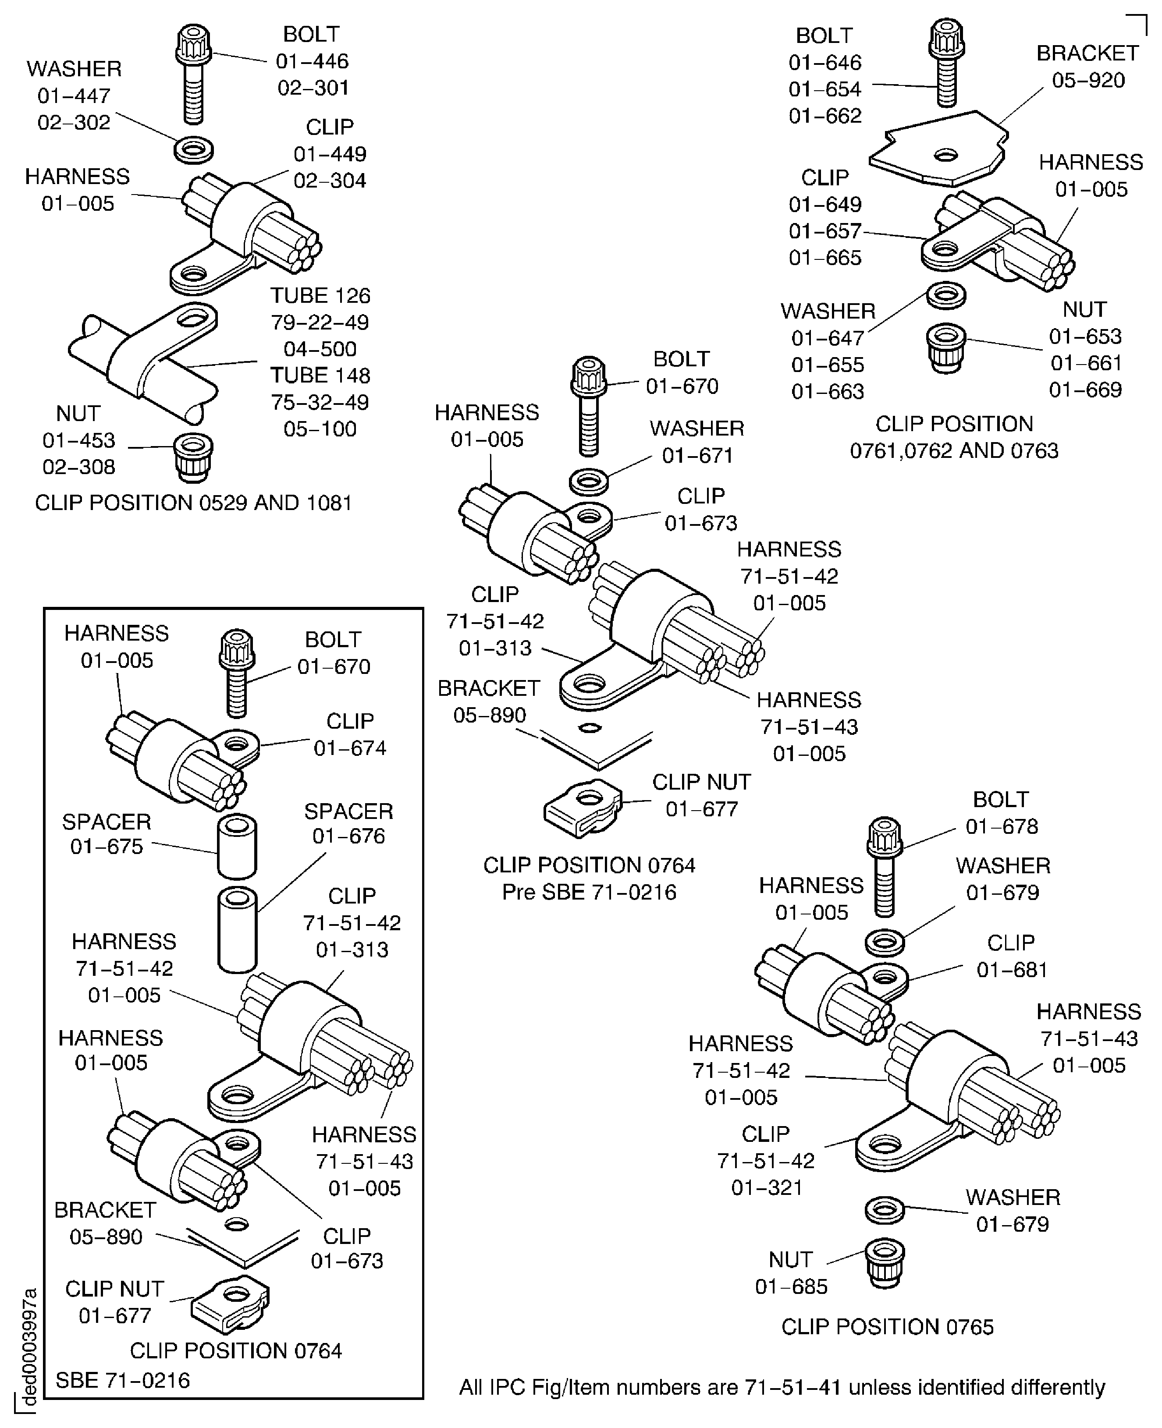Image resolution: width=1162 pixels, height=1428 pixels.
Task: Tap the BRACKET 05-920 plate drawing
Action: tap(938, 149)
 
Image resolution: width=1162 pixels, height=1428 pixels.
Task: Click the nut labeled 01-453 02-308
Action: tap(193, 457)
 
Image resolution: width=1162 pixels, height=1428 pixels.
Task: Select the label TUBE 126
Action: tap(320, 295)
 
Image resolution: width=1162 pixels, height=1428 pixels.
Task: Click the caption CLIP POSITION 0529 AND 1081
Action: tap(193, 503)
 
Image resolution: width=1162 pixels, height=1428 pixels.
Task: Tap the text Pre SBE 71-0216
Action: tap(589, 892)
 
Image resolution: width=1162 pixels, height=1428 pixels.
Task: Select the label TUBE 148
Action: tap(320, 376)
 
